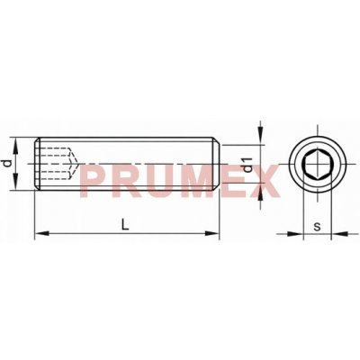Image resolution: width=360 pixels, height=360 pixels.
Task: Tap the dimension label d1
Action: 248,165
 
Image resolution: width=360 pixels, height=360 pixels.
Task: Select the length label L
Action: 125,224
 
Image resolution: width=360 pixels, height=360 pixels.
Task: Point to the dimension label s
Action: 317,227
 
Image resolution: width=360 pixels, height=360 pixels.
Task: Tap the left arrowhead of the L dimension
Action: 41,233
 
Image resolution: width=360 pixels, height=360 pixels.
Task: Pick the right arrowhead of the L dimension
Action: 212,233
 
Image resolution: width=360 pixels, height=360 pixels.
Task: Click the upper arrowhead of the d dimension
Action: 16,145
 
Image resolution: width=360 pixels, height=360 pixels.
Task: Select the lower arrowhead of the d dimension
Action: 16,183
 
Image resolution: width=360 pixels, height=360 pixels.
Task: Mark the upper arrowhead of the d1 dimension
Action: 261,138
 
